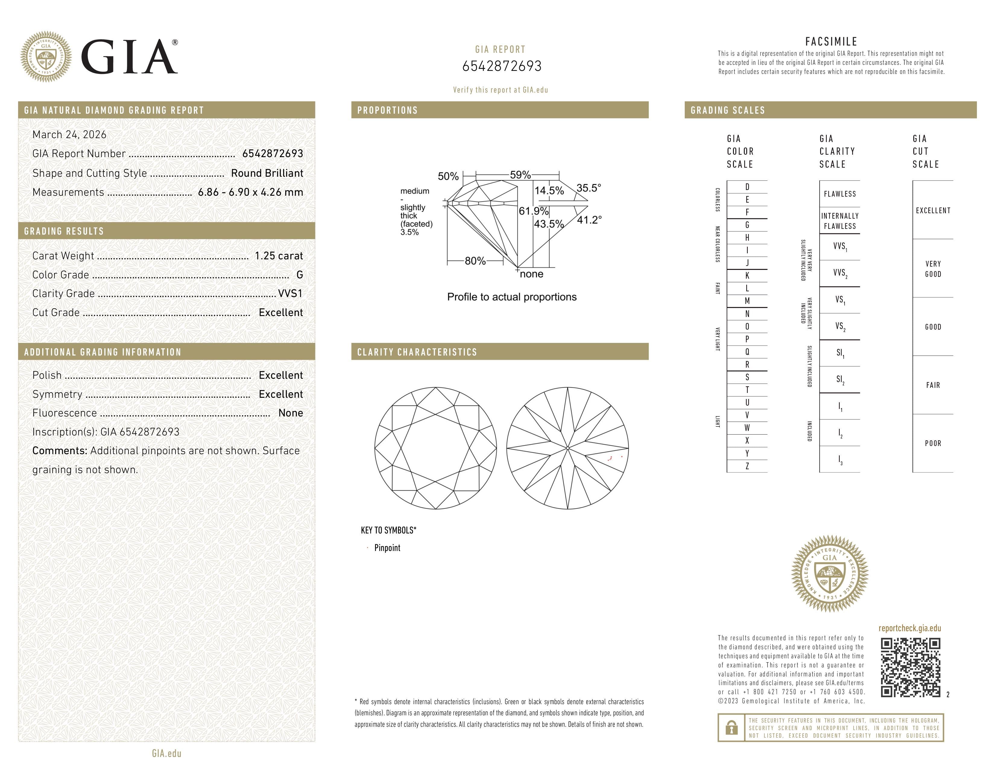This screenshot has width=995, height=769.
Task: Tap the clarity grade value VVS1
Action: [x=290, y=294]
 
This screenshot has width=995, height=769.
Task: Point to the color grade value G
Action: [x=299, y=275]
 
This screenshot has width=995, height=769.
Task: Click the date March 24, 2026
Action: [x=69, y=135]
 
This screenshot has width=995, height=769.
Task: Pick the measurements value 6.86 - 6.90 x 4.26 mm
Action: [x=250, y=192]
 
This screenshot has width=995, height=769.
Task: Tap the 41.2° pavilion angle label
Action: [x=589, y=220]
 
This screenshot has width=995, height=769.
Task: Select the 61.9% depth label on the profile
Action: [x=533, y=211]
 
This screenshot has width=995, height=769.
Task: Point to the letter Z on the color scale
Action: [x=747, y=466]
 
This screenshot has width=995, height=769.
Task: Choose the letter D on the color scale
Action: [x=747, y=187]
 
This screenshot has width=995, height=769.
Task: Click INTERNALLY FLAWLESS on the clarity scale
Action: [x=840, y=221]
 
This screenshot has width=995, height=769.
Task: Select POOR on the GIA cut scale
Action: [x=933, y=443]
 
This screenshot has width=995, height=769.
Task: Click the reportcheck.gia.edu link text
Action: [x=909, y=628]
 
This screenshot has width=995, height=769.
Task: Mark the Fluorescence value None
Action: [x=290, y=413]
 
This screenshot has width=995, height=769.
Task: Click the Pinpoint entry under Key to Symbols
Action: [x=387, y=548]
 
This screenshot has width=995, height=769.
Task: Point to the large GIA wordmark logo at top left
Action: [x=129, y=57]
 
